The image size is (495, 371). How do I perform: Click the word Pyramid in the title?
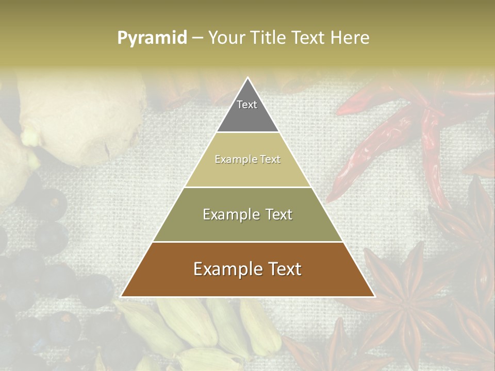tap(152, 38)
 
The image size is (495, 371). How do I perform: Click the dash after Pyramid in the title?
tap(197, 38)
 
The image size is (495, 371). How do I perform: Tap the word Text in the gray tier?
tap(247, 105)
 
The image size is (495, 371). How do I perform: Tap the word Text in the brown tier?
tap(285, 269)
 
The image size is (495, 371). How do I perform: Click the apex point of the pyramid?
tap(247, 78)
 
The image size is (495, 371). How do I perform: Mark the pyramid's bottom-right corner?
tap(374, 296)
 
